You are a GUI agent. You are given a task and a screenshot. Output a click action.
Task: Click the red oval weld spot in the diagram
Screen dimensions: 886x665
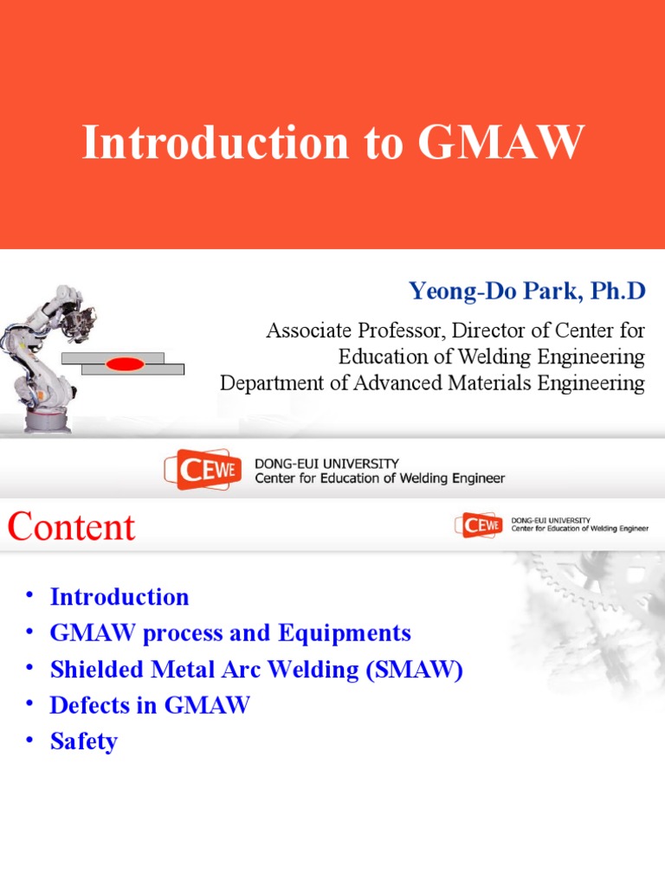coord(125,364)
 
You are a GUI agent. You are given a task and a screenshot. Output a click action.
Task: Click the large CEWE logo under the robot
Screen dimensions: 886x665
coord(203,469)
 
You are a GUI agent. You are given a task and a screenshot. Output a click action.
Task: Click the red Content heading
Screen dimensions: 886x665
coord(72,527)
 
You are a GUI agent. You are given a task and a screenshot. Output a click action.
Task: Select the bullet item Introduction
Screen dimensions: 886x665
coord(119,597)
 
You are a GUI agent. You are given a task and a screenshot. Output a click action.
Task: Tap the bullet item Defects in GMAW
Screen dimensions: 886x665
coord(150,705)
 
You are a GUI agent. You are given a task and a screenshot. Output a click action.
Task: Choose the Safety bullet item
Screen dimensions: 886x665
coord(83,742)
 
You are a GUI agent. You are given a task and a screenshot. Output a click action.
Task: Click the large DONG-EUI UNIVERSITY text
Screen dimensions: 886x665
coord(326,464)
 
